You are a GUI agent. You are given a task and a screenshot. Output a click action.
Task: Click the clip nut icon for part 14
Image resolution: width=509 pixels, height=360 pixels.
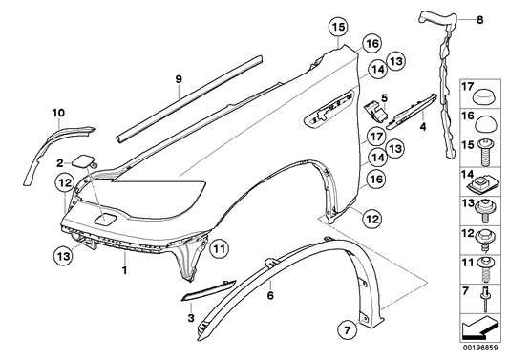[x=486, y=178]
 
